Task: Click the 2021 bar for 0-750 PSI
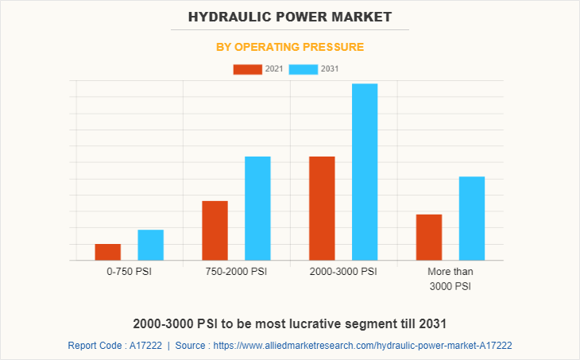tap(108, 252)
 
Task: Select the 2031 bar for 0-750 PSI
tap(150, 245)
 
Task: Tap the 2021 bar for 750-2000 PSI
tap(215, 230)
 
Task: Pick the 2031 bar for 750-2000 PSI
tap(257, 208)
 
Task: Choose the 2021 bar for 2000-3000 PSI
tap(322, 208)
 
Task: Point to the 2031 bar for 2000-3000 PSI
tap(365, 172)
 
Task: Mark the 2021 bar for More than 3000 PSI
tap(429, 237)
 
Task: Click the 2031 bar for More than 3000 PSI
tap(472, 218)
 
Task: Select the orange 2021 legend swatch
tap(247, 69)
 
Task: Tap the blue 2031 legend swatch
tap(304, 69)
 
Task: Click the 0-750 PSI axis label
tap(129, 272)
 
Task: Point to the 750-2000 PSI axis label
tap(236, 272)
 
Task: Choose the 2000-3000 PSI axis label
tap(343, 272)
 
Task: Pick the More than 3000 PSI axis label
tap(450, 279)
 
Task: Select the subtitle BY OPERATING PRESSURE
tap(290, 47)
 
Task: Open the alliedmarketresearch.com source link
tap(362, 346)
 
